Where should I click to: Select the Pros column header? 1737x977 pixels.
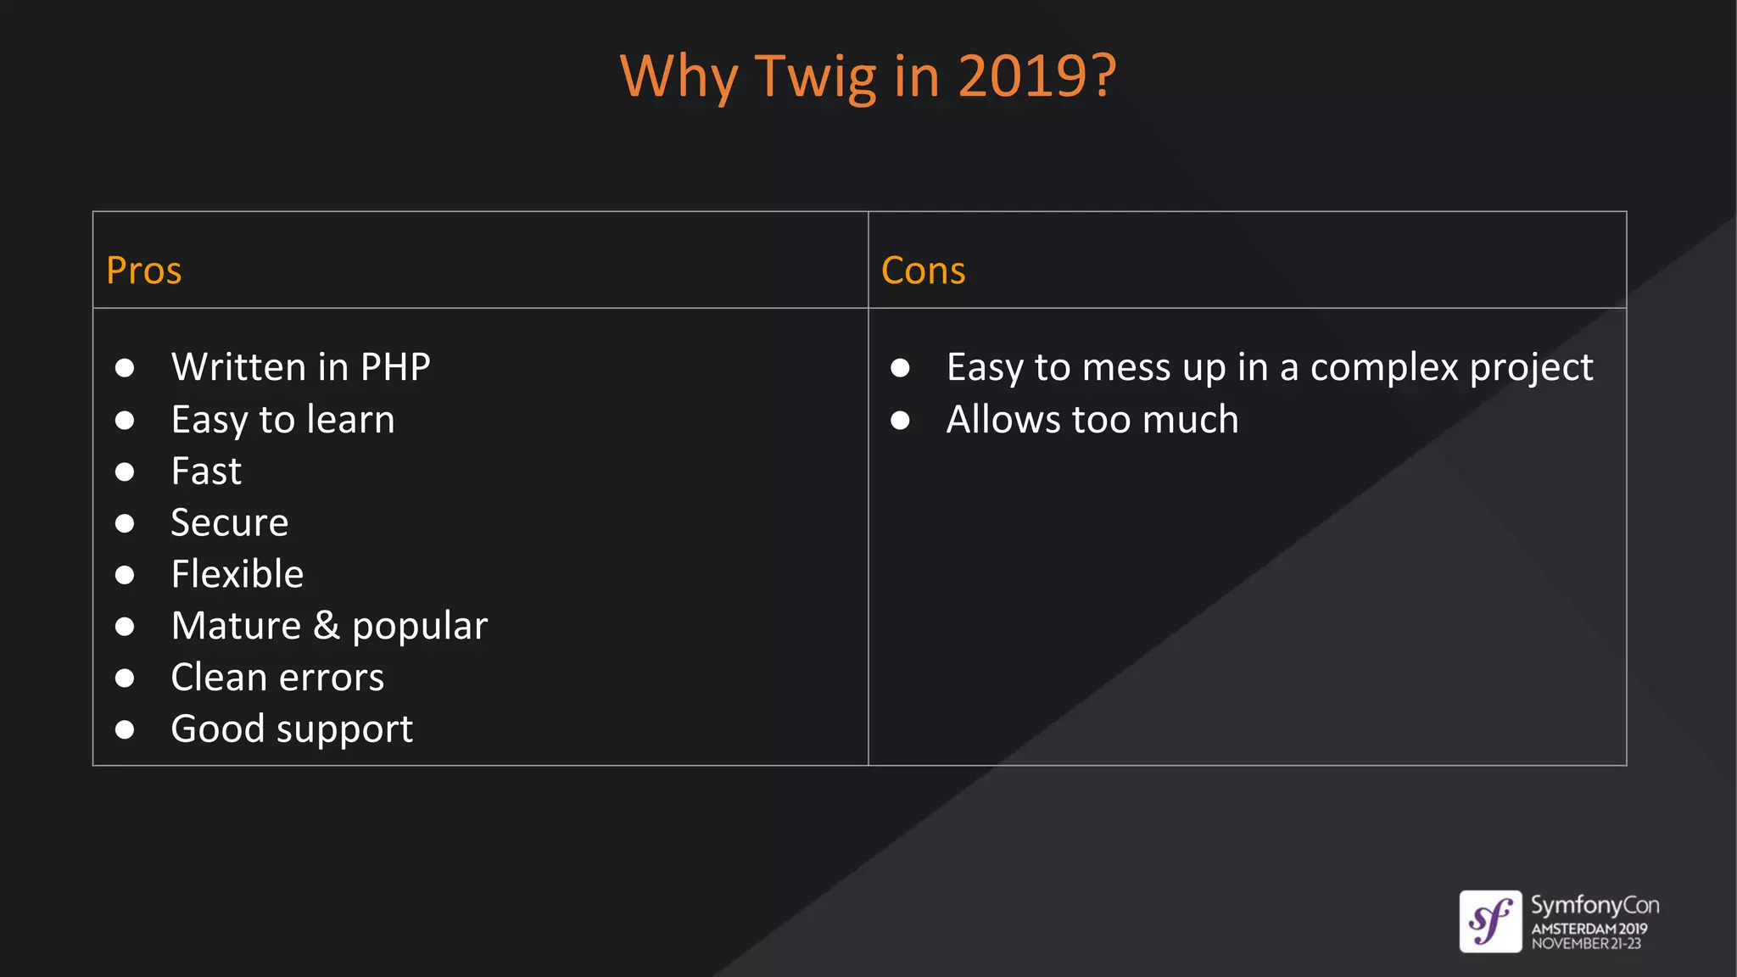pos(143,271)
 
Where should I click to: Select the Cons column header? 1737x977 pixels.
pos(923,271)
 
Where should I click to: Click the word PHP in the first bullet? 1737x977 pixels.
pos(395,367)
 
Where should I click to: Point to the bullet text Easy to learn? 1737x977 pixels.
pos(282,420)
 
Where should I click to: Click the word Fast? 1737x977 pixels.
pos(206,472)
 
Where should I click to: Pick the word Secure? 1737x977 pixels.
pos(229,522)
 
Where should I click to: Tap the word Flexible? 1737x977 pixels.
pos(237,574)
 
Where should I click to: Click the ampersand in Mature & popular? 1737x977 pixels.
pos(327,626)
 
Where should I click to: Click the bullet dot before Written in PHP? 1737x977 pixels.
pos(125,368)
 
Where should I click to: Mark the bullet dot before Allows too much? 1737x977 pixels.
pos(900,420)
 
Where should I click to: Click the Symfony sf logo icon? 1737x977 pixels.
pos(1490,921)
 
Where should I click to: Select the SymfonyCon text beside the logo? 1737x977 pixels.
pos(1594,906)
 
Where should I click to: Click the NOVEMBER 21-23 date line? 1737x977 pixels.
pos(1585,944)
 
